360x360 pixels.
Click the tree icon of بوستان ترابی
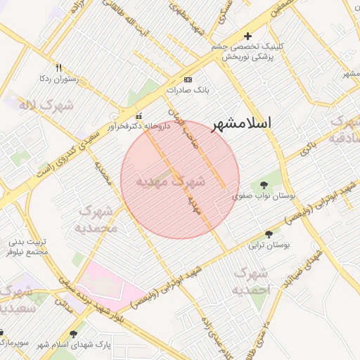point(269,235)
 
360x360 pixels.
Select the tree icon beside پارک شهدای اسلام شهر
point(74,334)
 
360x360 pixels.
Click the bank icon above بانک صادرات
point(188,79)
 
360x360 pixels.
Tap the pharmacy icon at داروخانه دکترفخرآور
point(139,116)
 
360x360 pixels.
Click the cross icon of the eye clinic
point(247,36)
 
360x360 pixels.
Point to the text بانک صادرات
point(188,90)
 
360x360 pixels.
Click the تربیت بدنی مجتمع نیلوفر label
point(27,246)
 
